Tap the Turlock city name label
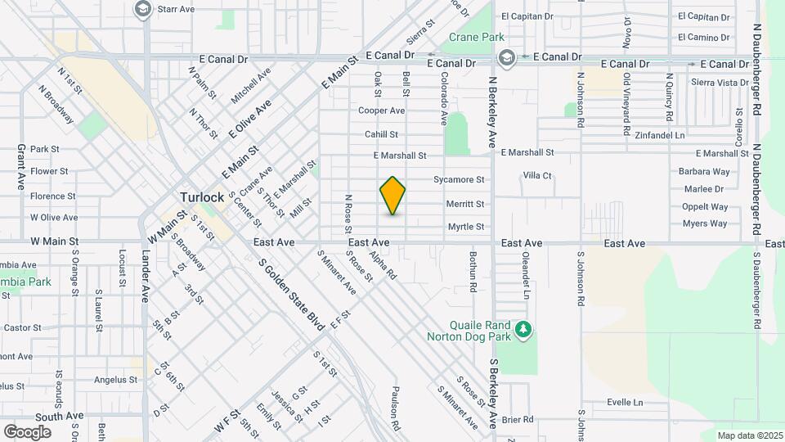point(202,197)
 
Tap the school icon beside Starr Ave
point(143,9)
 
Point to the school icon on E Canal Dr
point(507,56)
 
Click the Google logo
point(26,431)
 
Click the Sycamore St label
point(459,179)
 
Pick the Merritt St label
point(464,204)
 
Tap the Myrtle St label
point(466,227)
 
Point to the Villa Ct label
point(537,175)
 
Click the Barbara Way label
point(703,172)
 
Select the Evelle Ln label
point(625,403)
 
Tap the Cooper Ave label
point(381,110)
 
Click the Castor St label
point(22,327)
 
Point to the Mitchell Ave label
point(250,86)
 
